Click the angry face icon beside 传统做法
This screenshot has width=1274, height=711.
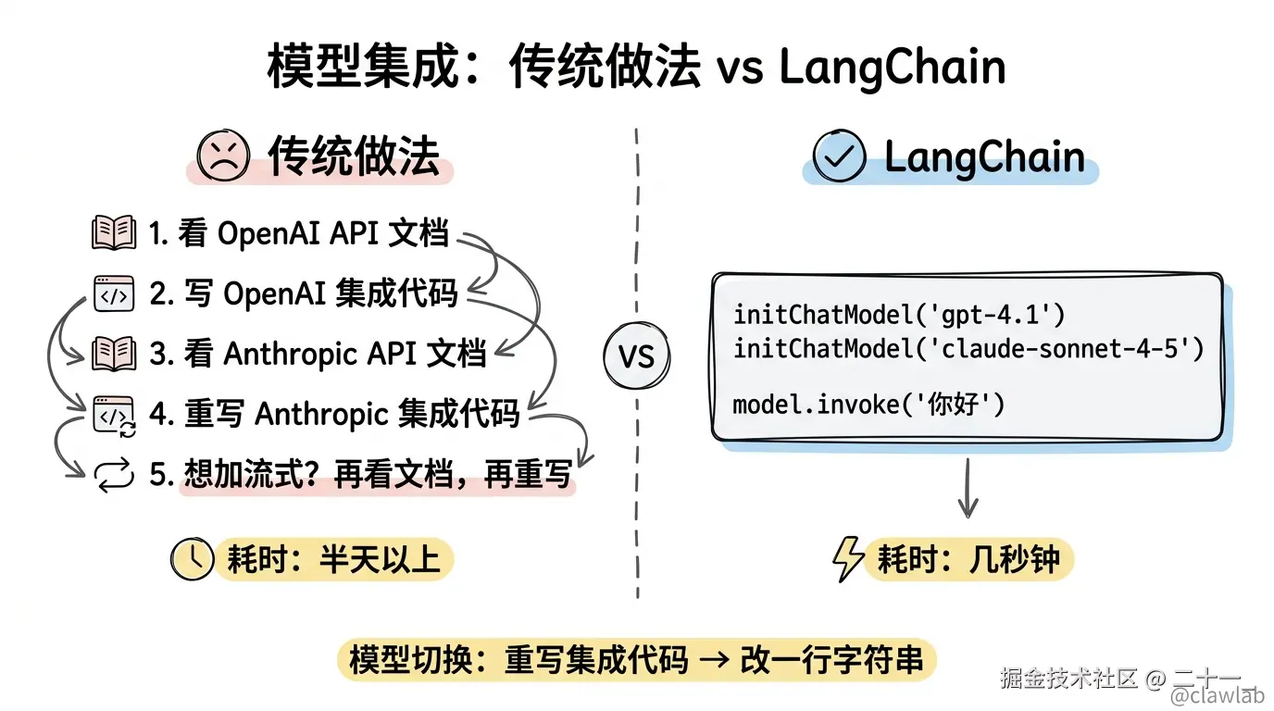[x=223, y=155]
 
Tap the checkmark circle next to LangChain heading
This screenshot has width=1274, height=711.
[x=839, y=156]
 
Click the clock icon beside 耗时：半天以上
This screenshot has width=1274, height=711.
[x=193, y=559]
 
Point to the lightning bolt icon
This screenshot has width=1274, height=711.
[x=847, y=560]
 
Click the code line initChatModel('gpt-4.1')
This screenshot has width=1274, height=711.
[x=899, y=315]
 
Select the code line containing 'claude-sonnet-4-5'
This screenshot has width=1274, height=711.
[x=968, y=349]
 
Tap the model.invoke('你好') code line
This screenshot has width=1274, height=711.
[x=868, y=405]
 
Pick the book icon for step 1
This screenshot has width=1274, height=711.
[x=114, y=233]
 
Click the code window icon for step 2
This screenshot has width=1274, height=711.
[x=114, y=293]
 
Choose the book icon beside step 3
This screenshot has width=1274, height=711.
[x=114, y=354]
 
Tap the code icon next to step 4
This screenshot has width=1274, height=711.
[x=114, y=415]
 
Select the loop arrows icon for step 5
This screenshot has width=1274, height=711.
[x=115, y=476]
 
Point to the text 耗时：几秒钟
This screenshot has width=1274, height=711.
[x=968, y=560]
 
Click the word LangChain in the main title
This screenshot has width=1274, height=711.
[x=893, y=68]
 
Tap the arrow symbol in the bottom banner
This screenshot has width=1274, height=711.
[x=715, y=660]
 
